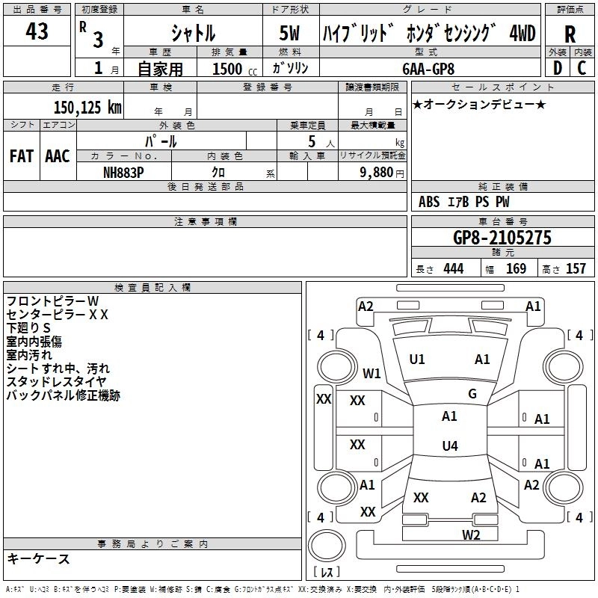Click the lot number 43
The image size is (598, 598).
[x=37, y=32]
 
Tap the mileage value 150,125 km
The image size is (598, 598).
[x=87, y=108]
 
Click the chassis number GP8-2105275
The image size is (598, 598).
[x=502, y=238]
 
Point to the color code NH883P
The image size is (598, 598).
[x=125, y=171]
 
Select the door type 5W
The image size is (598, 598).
[x=290, y=34]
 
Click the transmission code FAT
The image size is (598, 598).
[x=22, y=156]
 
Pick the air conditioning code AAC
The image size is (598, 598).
[x=58, y=156]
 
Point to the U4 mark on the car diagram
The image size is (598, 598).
[x=449, y=446]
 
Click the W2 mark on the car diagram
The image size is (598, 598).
[x=470, y=534]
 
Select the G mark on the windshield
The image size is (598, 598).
[x=472, y=394]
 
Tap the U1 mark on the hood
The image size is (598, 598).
[x=417, y=360]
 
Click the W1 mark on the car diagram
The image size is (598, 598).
[x=372, y=373]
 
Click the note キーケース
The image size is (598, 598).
[x=38, y=559]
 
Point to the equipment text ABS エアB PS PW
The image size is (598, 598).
[x=464, y=202]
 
